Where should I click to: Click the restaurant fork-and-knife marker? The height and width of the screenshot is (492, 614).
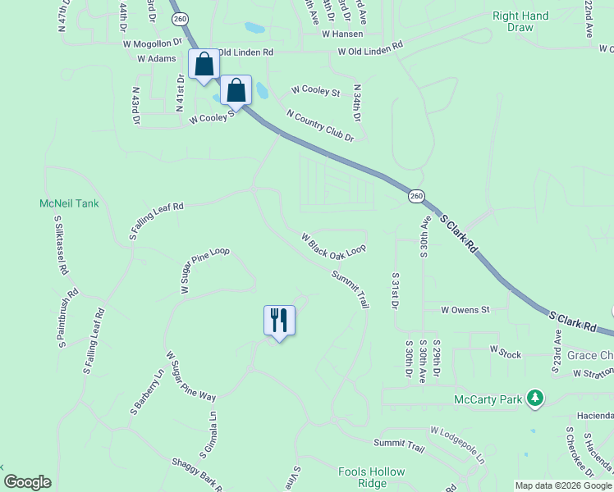click(279, 320)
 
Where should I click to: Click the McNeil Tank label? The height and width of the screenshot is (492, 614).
click(69, 203)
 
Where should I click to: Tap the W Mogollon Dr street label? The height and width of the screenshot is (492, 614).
click(153, 43)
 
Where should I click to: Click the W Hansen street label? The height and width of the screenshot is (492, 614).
click(342, 34)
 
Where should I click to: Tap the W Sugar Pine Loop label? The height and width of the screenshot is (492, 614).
click(204, 271)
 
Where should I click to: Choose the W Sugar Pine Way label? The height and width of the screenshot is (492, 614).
click(190, 376)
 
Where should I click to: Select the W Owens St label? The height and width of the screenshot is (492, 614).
click(465, 310)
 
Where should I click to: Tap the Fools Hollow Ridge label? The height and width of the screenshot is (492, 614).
click(372, 477)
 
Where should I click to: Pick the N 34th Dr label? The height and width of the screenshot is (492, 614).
click(357, 102)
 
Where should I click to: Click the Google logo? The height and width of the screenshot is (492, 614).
click(27, 482)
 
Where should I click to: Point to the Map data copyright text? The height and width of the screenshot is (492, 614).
click(563, 485)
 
